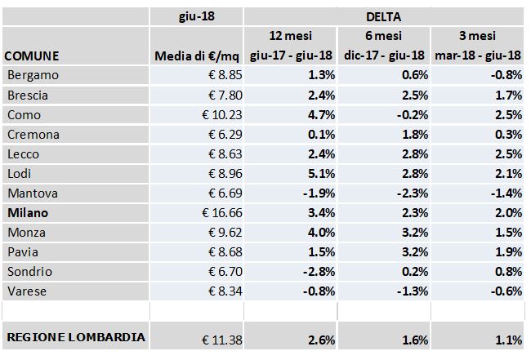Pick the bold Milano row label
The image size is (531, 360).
(x=29, y=213)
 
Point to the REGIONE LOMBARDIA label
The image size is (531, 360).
(x=76, y=337)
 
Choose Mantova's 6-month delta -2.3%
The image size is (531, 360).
(x=411, y=193)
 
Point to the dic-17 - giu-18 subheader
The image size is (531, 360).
(x=385, y=56)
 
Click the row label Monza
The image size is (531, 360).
(x=25, y=233)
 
